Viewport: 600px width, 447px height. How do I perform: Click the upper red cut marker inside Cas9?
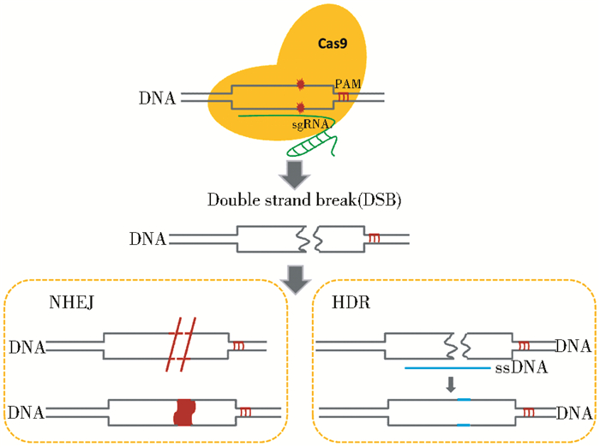point(300,84)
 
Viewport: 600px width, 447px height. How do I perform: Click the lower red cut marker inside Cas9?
point(300,107)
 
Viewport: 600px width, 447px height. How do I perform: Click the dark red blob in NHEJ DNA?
point(184,412)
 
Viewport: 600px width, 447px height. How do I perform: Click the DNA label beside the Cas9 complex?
point(157,98)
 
